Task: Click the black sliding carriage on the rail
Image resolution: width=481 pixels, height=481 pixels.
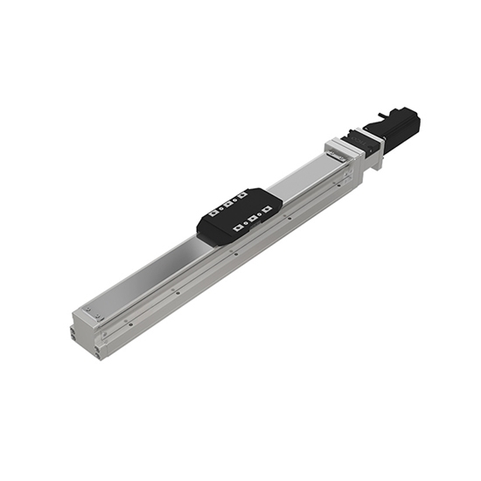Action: point(239,215)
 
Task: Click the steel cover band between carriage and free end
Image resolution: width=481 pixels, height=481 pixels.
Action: point(144,275)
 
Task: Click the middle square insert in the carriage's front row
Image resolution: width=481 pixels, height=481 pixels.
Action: point(250,219)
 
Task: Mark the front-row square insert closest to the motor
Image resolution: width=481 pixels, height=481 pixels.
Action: point(261,213)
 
